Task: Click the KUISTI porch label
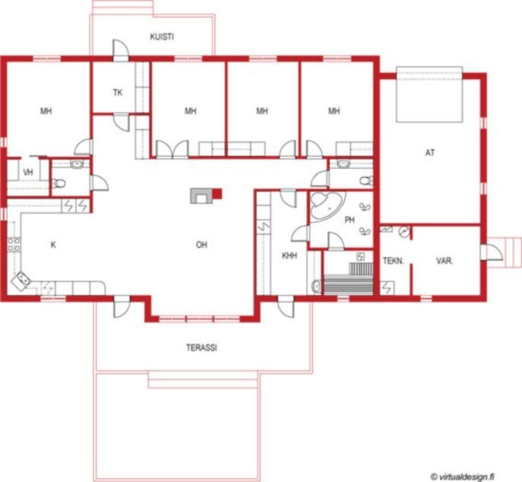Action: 162,36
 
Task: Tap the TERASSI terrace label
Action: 201,347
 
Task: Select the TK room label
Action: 118,93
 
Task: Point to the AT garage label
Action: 430,153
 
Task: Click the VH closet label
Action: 28,173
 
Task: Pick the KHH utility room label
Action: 289,255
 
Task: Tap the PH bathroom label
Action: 350,220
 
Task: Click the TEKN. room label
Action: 393,261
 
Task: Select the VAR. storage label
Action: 444,261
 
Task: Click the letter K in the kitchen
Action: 53,245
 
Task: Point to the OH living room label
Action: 201,245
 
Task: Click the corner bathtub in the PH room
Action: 325,206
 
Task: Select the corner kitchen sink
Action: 21,281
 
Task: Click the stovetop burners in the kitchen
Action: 14,244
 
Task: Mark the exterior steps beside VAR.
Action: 504,252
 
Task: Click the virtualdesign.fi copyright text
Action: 462,477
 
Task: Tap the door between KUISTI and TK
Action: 121,50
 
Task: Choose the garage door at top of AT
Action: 429,94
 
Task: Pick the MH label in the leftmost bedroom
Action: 46,111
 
